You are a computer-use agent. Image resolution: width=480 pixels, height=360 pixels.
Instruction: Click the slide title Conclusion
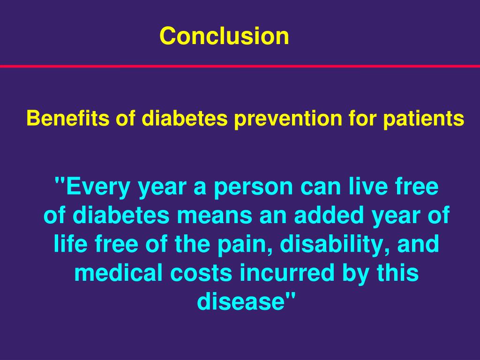[224, 36]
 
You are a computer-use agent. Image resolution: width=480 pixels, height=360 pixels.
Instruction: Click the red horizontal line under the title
[240, 66]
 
